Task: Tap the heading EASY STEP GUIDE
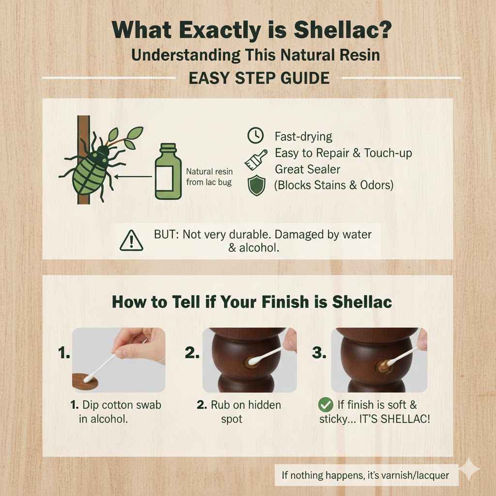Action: pos(259,77)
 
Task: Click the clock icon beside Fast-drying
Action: pos(255,136)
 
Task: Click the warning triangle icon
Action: pos(132,240)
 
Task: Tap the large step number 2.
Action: pos(192,354)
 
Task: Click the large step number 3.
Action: pos(319,354)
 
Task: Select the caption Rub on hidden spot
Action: pos(239,411)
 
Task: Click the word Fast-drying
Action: pos(303,137)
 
